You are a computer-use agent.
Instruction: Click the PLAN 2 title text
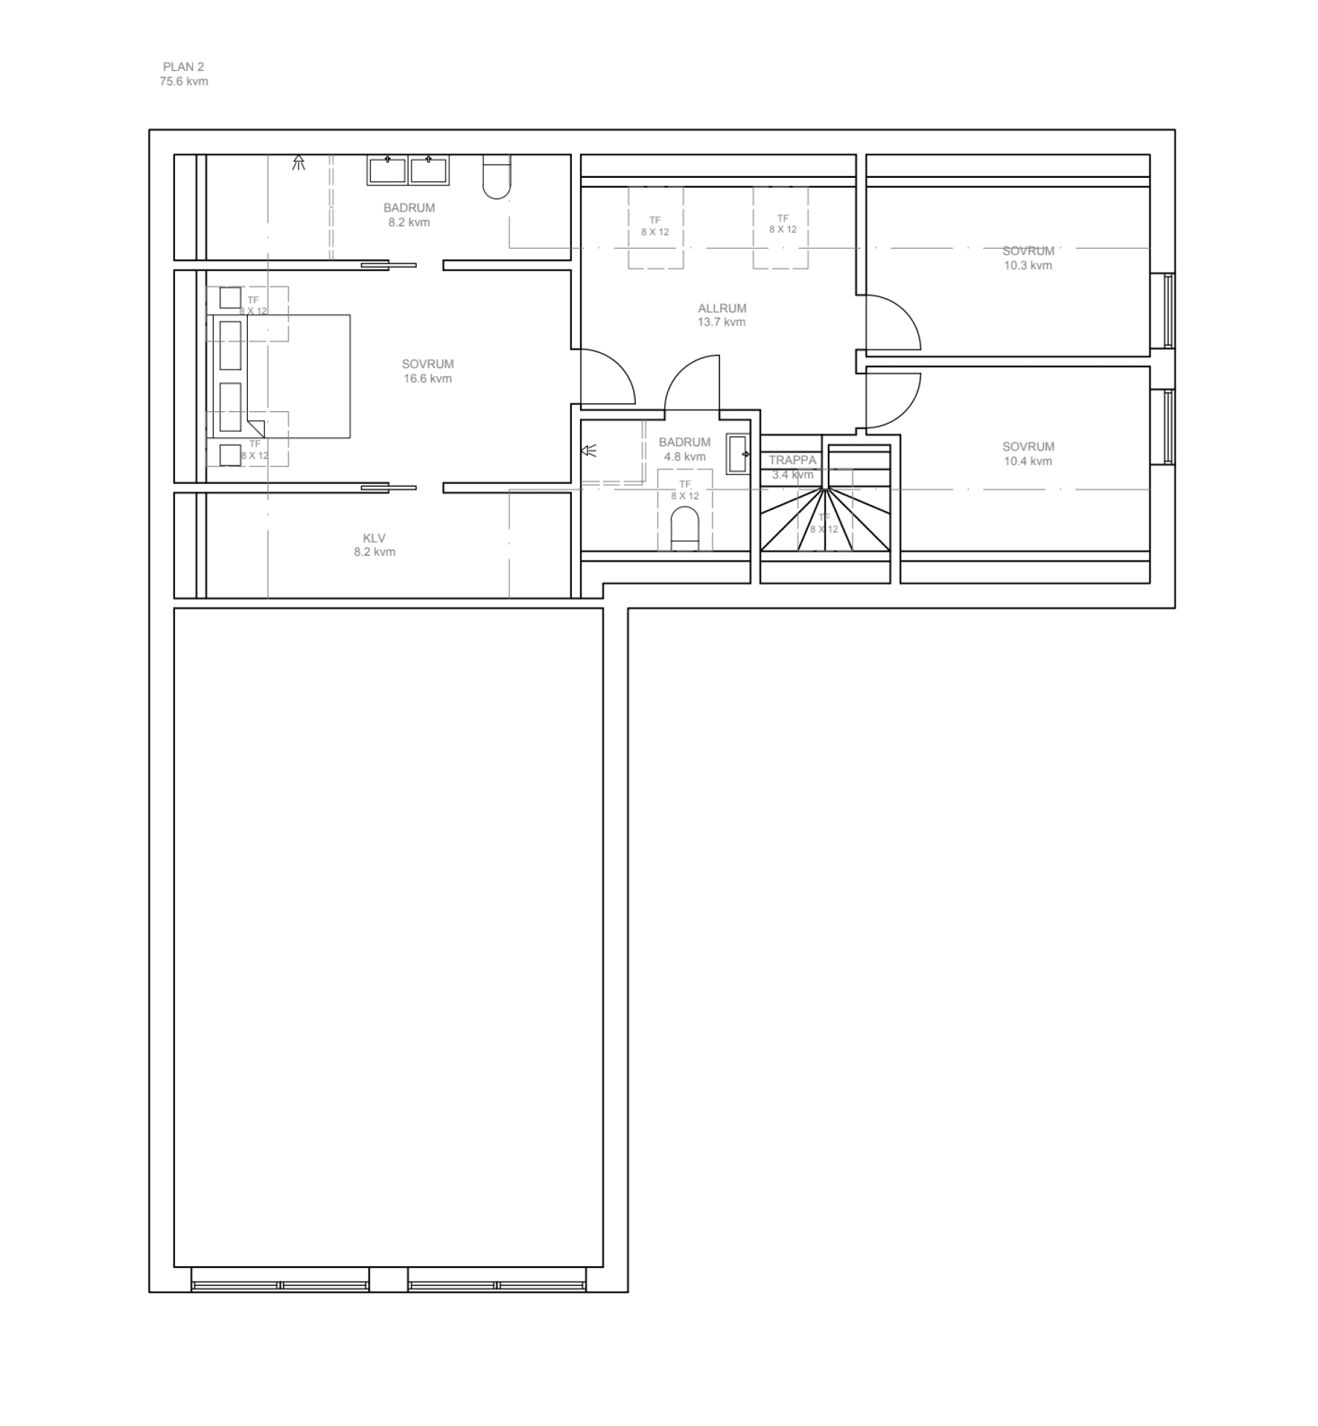pos(183,67)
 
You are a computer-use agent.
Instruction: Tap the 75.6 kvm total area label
pos(183,81)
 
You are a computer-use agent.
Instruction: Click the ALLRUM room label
pos(721,308)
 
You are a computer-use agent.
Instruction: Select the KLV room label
pos(373,538)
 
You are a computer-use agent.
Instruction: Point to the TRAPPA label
pos(791,460)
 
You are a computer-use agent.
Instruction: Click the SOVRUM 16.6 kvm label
pos(427,371)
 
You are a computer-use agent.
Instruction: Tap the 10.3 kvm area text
pos(1027,266)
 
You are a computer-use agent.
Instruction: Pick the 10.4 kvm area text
pos(1027,461)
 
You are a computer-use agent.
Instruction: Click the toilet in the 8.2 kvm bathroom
pos(496,177)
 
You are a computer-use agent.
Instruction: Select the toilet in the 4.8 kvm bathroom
pos(684,529)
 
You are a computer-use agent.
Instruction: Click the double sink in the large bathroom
pos(408,170)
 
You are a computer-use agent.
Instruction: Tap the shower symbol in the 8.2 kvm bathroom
pos(298,163)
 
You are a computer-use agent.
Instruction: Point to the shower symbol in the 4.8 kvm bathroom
pos(588,450)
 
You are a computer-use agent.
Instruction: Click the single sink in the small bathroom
pos(737,454)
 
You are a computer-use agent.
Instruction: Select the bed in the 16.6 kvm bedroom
pos(279,376)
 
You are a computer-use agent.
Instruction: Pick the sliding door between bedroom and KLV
pos(389,488)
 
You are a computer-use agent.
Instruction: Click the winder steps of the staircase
pos(824,520)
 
